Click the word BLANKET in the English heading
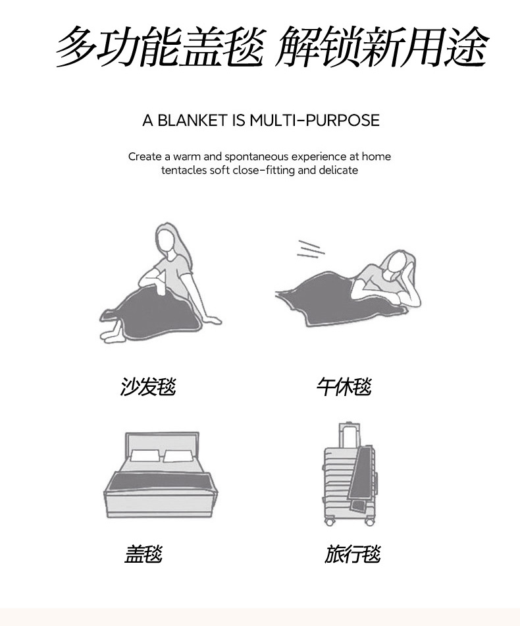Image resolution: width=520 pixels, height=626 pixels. click(192, 120)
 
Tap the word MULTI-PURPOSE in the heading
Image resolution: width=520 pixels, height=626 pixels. click(315, 120)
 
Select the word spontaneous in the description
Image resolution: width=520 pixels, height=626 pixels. click(256, 157)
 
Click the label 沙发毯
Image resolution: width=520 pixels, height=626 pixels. click(148, 386)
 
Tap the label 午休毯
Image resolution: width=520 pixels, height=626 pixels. click(344, 386)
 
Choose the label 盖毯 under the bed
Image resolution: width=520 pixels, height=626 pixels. click(143, 554)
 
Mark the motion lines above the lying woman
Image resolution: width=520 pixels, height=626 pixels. click(310, 249)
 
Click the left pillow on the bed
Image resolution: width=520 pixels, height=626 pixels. click(145, 456)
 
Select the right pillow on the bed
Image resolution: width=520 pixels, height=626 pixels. click(179, 457)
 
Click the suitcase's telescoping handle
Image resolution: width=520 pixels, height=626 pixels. click(349, 435)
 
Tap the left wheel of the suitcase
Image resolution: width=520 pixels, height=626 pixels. click(329, 521)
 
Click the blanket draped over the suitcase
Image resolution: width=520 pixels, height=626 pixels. click(361, 480)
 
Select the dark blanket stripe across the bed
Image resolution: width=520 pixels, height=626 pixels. click(161, 482)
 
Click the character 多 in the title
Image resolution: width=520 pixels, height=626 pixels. click(76, 46)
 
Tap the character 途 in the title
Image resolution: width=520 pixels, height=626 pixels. click(466, 46)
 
